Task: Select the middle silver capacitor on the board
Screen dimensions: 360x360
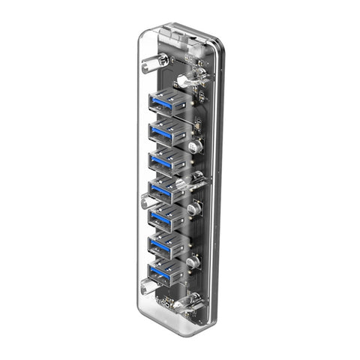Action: tap(195, 209)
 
